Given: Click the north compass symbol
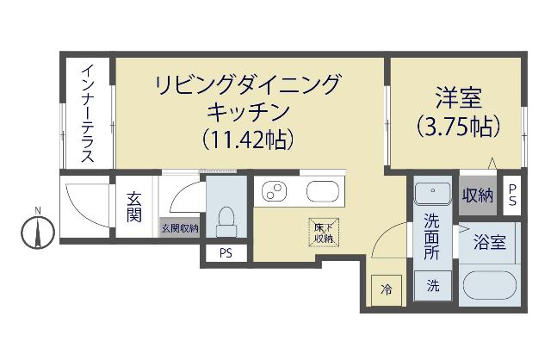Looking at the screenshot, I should (39, 230).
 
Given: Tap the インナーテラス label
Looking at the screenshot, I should (87, 113).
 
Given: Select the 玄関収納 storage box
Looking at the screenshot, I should (179, 228).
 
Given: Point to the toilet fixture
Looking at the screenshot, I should (226, 220).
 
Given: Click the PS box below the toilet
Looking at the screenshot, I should (226, 253).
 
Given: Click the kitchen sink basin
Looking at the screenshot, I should (323, 191).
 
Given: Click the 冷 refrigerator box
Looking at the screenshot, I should (387, 289).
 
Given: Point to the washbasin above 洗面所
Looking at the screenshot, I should (431, 193).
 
